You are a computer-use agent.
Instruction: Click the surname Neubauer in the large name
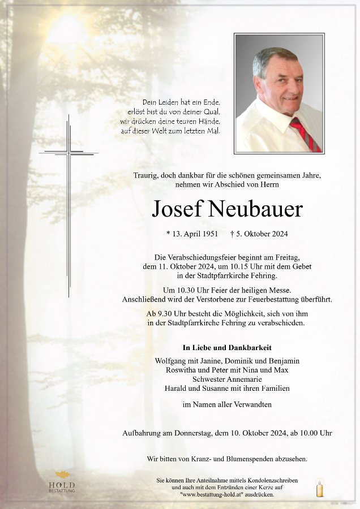256,210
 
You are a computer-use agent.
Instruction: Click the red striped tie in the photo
306,134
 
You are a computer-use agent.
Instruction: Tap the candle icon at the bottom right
320,488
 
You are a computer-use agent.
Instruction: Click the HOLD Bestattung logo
62,482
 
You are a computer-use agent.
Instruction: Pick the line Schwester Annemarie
227,379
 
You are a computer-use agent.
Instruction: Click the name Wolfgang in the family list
170,361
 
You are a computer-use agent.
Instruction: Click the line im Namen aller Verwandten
227,404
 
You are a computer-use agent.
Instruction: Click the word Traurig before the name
145,176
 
